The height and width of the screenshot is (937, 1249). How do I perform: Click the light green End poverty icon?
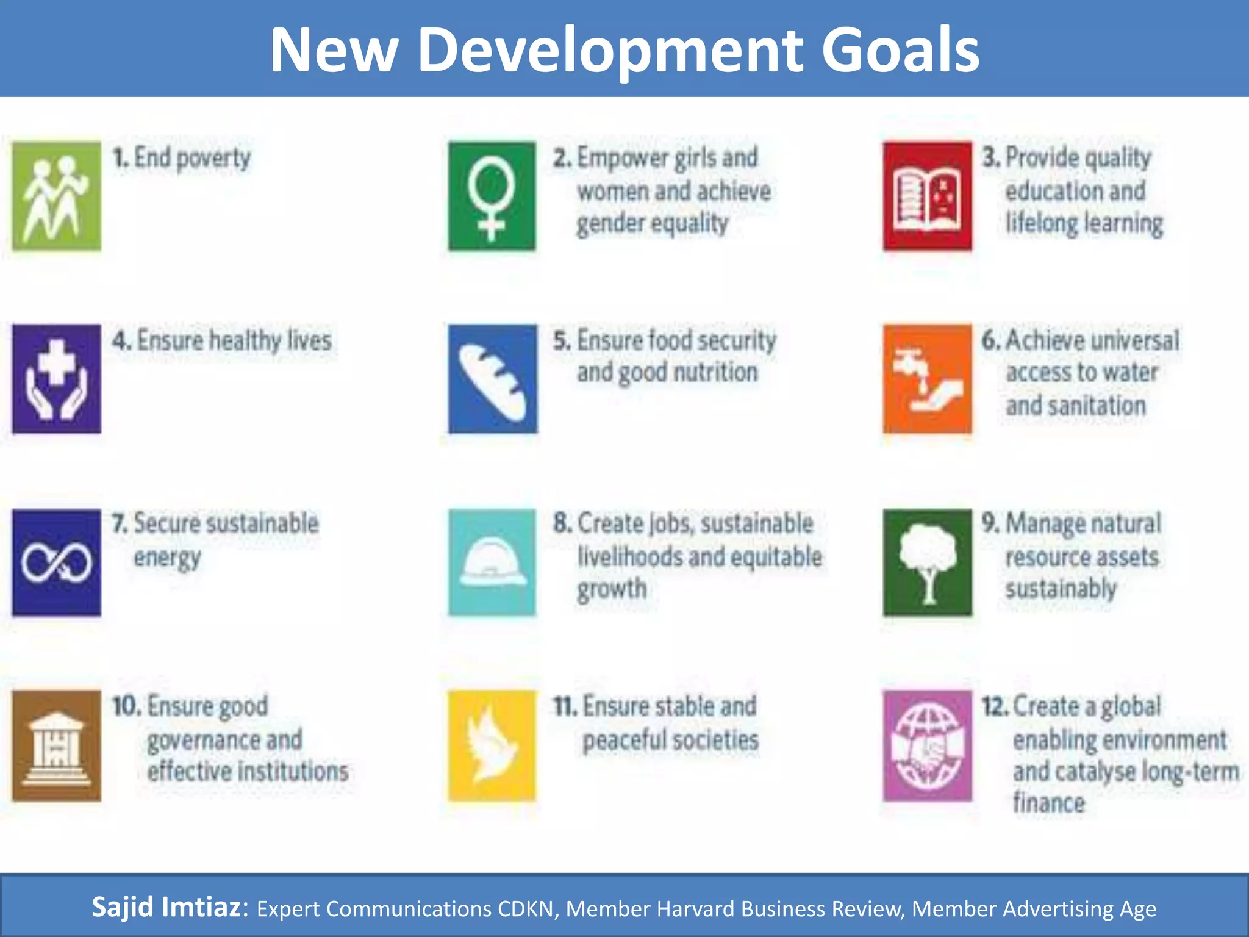[x=57, y=196]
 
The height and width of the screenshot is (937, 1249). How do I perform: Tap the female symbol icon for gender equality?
[x=492, y=196]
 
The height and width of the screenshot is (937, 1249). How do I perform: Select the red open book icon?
[x=927, y=196]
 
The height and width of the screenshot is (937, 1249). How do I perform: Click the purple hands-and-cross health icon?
[x=57, y=379]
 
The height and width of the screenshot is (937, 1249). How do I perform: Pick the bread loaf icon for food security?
[x=493, y=379]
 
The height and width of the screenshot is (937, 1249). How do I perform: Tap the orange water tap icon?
[x=927, y=379]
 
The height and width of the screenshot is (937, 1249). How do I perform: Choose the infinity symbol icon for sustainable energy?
[x=57, y=562]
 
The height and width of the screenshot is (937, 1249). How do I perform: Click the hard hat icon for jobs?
[x=492, y=562]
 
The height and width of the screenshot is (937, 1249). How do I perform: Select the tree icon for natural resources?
[x=927, y=562]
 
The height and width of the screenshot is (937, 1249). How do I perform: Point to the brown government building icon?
[x=57, y=745]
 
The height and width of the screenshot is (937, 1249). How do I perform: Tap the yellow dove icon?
[x=492, y=745]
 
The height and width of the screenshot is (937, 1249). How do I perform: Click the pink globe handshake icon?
[x=927, y=745]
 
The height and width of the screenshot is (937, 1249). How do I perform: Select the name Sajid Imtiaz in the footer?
[x=166, y=907]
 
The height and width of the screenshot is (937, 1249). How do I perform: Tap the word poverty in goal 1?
[x=213, y=159]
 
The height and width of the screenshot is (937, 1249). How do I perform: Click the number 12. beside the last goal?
[x=995, y=707]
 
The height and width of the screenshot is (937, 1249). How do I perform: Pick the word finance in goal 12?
[x=1049, y=803]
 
